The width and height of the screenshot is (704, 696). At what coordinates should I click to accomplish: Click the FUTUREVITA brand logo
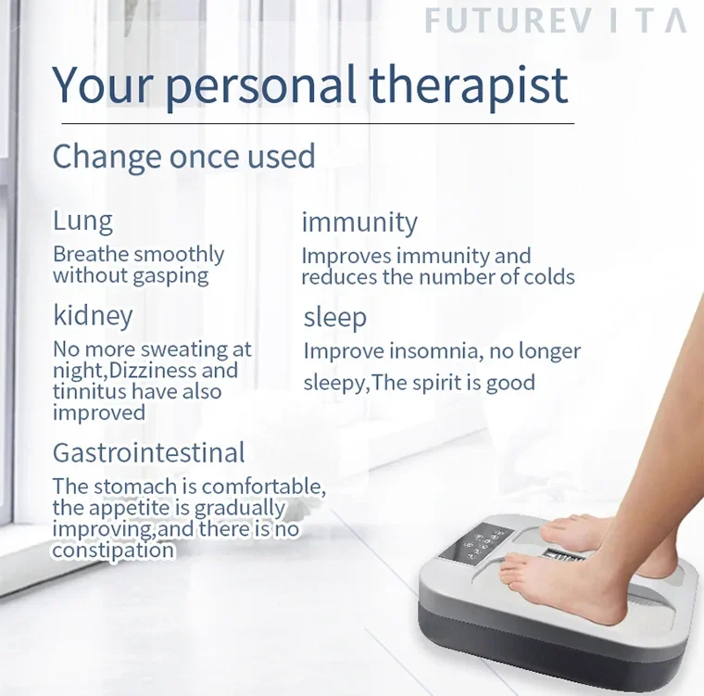(556, 20)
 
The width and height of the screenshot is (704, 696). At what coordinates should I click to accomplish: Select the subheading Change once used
(184, 157)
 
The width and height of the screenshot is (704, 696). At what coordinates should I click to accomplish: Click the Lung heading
(82, 221)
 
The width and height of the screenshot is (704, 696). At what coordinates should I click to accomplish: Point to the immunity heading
(359, 222)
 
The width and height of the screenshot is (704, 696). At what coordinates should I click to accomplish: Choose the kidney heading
(93, 316)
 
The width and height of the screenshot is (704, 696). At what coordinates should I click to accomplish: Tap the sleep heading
(335, 318)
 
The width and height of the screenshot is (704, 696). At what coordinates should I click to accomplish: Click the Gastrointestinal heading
(148, 452)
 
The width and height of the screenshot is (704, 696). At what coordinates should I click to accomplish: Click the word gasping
(170, 276)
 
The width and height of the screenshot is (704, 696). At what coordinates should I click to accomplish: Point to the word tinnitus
(89, 391)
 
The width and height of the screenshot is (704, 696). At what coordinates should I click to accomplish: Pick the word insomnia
(435, 351)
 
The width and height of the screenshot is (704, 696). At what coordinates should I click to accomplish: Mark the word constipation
(113, 550)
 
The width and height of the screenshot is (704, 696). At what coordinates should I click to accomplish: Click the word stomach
(135, 487)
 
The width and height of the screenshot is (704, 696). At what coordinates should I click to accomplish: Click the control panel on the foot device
(475, 543)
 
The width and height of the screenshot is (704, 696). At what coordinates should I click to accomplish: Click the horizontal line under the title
(318, 123)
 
